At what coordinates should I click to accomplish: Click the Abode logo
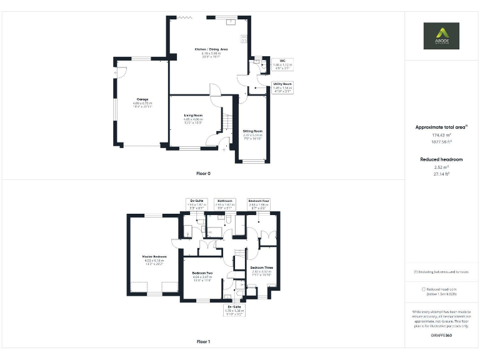(x=441, y=36)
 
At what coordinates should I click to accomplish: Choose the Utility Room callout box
(x=282, y=86)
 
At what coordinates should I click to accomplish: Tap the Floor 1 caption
(x=203, y=342)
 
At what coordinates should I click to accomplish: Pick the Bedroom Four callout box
(x=258, y=203)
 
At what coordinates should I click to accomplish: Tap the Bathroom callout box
(x=225, y=203)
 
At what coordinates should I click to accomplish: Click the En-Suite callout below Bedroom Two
(x=234, y=309)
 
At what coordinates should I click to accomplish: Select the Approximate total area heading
(x=442, y=127)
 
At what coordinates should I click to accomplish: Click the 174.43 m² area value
(x=442, y=134)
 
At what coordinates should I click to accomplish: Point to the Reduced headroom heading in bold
(x=441, y=159)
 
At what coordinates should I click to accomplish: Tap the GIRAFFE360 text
(x=441, y=336)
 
